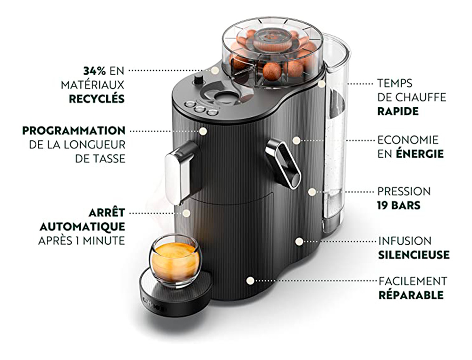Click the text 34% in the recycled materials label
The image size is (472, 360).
pos(94,71)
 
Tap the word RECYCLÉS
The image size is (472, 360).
pos(97,99)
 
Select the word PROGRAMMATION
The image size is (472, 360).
pos(74,130)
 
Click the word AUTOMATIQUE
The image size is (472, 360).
pos(82,227)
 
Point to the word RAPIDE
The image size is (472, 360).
pos(398,111)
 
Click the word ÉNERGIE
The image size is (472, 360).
pos(420,154)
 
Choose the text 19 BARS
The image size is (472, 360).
pos(398,205)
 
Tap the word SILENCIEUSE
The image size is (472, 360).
pos(413,255)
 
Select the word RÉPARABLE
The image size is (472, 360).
pos(411,295)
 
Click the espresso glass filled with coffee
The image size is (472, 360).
pos(175,260)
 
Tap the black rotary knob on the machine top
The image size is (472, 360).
pos(198,80)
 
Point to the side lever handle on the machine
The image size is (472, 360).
pos(283,163)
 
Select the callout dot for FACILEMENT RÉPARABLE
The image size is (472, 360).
pos(249,281)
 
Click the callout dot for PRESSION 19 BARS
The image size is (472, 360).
pos(312,192)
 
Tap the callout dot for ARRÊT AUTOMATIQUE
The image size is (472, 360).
pos(186,213)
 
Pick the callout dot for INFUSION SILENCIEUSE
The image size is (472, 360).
pos(299,241)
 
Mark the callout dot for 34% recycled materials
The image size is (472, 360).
pos(215,70)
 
